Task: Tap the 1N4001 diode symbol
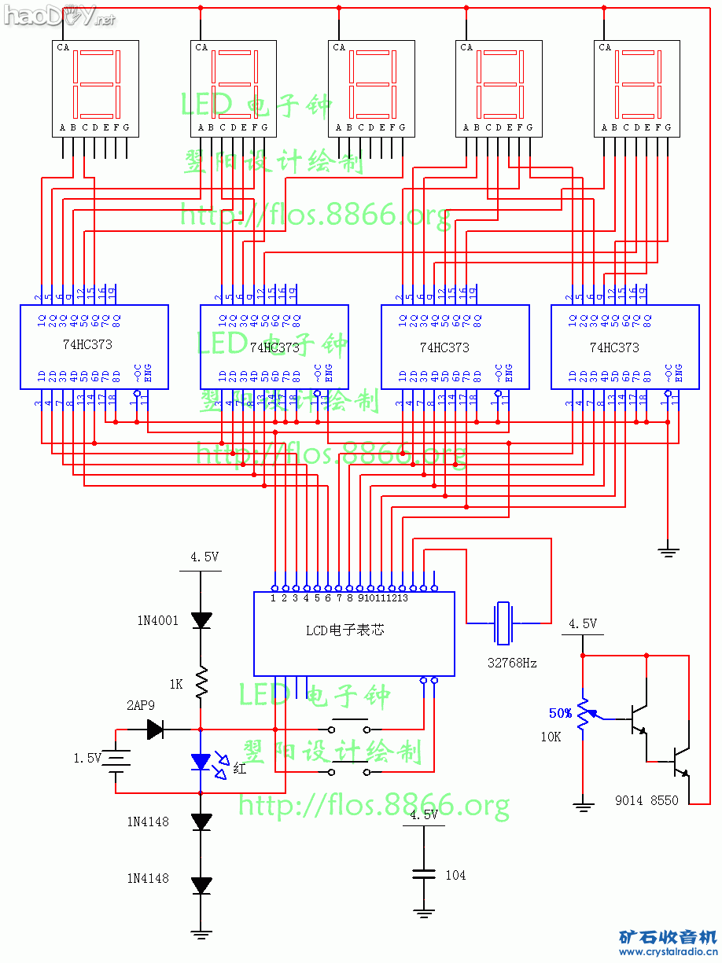pos(201,620)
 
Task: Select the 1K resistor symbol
pos(201,682)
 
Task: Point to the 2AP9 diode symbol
pos(155,730)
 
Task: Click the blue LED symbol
pos(201,761)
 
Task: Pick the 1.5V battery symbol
pos(116,759)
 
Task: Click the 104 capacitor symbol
pos(424,874)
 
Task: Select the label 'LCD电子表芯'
pos(345,630)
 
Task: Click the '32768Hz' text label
pos(512,663)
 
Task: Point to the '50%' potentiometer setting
pos(560,713)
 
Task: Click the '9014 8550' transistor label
pos(646,800)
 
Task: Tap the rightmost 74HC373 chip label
pos(614,347)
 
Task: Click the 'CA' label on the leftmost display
pos(63,47)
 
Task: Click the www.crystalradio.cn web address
pos(667,952)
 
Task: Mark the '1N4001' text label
pos(153,620)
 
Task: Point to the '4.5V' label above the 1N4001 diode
pos(204,557)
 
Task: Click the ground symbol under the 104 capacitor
pos(424,913)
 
